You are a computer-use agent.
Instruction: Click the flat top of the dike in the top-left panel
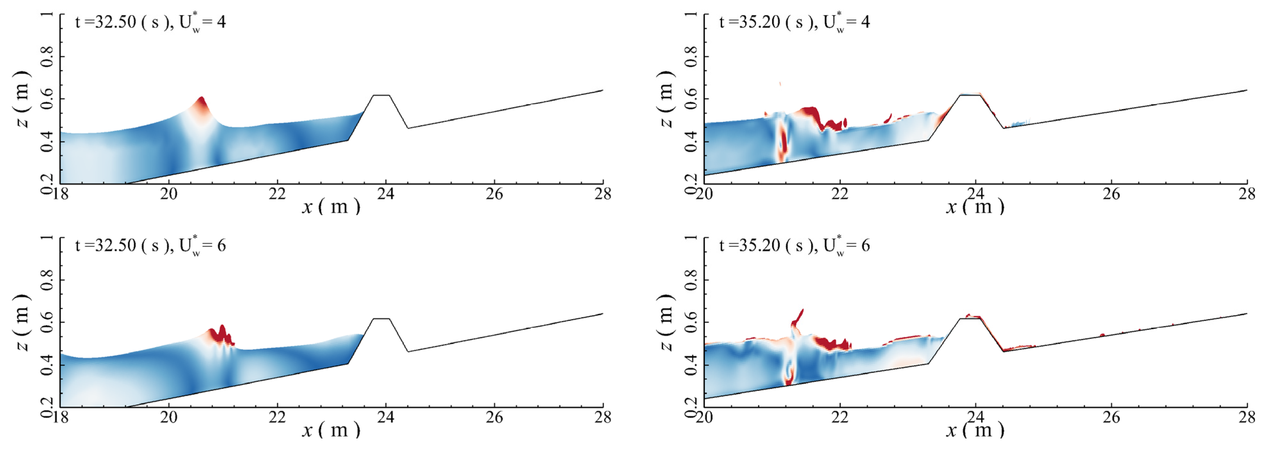point(381,95)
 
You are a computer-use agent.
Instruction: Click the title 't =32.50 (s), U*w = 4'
point(150,22)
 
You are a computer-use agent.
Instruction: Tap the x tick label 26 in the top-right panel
point(1111,194)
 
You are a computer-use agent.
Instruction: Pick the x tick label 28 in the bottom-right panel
point(1246,418)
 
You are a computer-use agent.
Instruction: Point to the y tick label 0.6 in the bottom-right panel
point(690,322)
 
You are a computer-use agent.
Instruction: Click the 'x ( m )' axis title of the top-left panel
point(331,207)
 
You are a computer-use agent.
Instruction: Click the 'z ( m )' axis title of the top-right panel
point(666,99)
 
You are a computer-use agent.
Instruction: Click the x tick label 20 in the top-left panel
point(168,194)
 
